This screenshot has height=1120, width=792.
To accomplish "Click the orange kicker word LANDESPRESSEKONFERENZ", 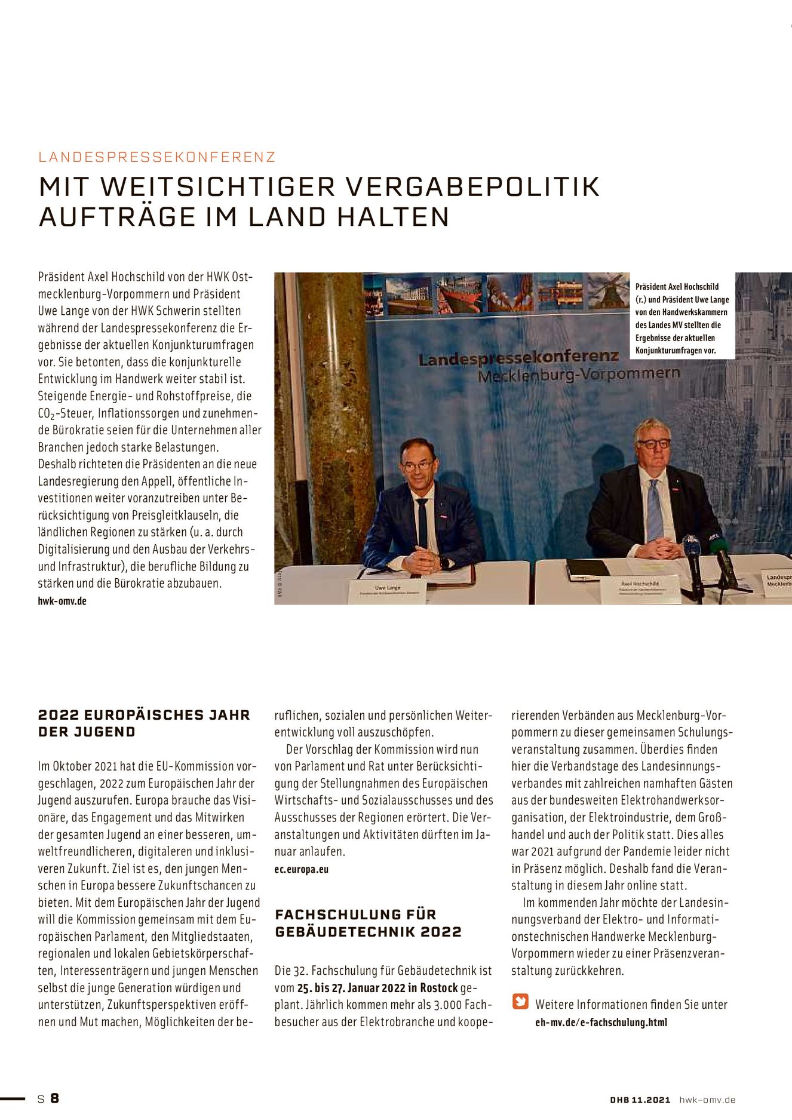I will [156, 157].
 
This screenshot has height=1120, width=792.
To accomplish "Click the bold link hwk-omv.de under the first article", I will [62, 601].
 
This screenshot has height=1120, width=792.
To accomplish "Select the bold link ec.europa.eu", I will [302, 869].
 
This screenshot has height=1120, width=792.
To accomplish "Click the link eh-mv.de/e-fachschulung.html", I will [601, 1022].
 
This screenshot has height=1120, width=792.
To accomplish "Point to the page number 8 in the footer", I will [54, 1098].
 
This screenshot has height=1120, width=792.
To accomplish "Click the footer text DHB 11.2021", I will [640, 1100].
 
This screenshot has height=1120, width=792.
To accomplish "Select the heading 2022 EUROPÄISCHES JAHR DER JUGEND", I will [144, 723].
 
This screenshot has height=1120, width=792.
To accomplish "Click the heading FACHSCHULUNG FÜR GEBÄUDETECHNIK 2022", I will [368, 923].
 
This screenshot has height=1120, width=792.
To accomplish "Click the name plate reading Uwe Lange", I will [387, 590].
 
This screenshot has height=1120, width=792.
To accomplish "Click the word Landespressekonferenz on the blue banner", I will [518, 358].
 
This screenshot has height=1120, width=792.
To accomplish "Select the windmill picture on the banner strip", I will [607, 291].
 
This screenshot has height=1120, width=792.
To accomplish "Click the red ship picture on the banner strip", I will [459, 294].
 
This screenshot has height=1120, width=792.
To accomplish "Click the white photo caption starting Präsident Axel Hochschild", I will [682, 318].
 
